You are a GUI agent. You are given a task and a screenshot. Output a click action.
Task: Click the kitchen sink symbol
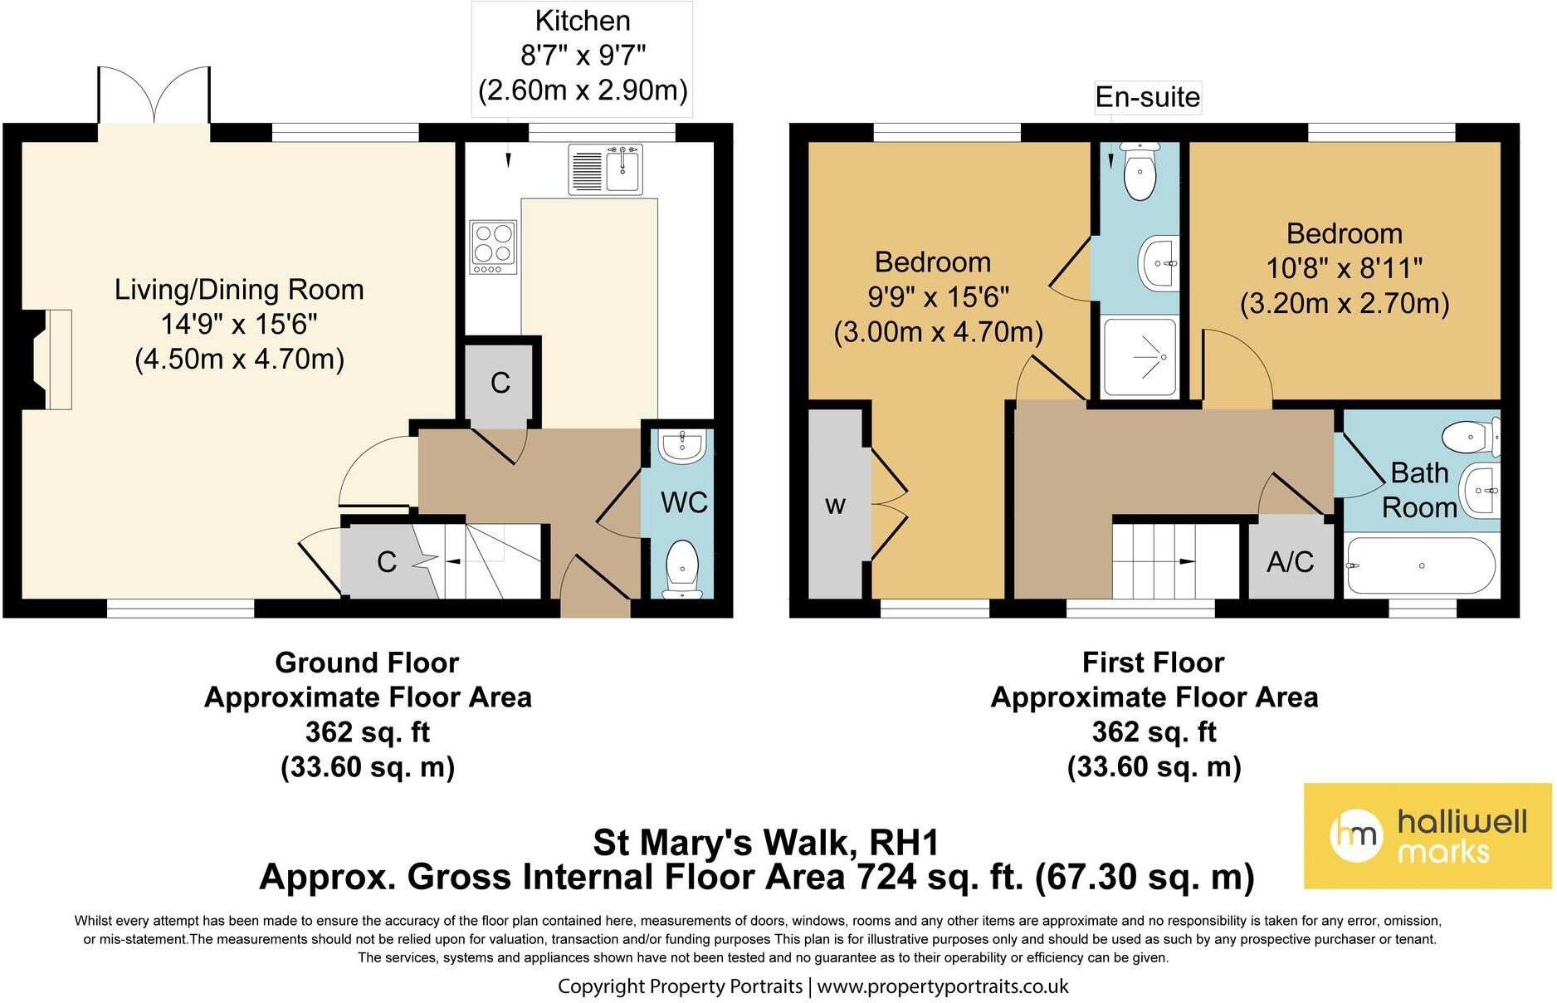pyautogui.click(x=606, y=169)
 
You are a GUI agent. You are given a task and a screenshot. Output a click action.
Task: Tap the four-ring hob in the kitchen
pyautogui.click(x=493, y=247)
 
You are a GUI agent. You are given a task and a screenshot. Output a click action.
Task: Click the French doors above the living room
pyautogui.click(x=154, y=95)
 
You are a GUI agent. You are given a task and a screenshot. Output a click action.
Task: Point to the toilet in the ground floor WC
pyautogui.click(x=682, y=567)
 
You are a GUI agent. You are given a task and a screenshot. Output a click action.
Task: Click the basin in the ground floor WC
pyautogui.click(x=682, y=447)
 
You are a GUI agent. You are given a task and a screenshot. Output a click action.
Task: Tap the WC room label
pyautogui.click(x=684, y=502)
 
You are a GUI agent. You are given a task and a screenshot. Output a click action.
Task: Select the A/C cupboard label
pyautogui.click(x=1290, y=562)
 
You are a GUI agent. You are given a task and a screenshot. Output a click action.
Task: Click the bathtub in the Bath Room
pyautogui.click(x=1421, y=565)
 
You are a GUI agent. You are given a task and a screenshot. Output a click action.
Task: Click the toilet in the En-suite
pyautogui.click(x=1139, y=172)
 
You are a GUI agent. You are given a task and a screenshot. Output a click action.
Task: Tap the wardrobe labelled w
pyautogui.click(x=836, y=504)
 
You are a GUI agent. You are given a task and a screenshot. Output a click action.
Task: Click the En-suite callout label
pyautogui.click(x=1147, y=97)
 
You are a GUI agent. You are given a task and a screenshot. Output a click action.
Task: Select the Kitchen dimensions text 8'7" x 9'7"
pyautogui.click(x=583, y=56)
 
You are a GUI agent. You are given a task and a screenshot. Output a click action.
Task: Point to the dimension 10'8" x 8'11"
pyautogui.click(x=1344, y=268)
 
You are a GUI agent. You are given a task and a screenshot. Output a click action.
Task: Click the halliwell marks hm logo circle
pyautogui.click(x=1356, y=834)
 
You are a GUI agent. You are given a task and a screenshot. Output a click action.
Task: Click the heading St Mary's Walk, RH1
pyautogui.click(x=765, y=843)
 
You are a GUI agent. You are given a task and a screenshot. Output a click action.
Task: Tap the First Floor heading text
pyautogui.click(x=1153, y=663)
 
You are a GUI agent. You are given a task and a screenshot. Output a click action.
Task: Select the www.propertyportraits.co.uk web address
pyautogui.click(x=943, y=986)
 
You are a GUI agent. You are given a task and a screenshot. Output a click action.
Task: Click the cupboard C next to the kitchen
pyautogui.click(x=500, y=383)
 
